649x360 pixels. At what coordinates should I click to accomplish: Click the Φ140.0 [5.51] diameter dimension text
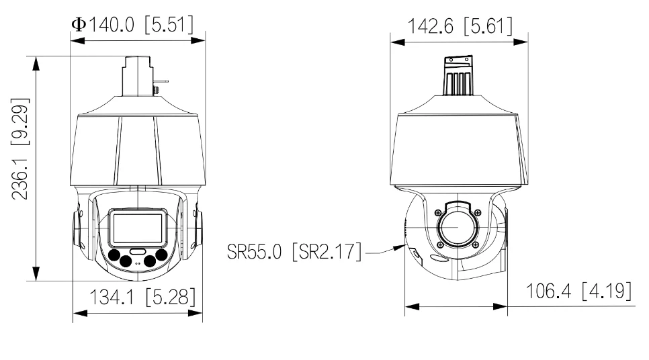point(132,24)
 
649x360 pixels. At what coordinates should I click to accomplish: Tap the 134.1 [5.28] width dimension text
point(137,296)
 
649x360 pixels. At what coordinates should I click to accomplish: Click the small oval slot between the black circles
point(138,251)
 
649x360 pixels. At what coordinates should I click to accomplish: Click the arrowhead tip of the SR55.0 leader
point(403,247)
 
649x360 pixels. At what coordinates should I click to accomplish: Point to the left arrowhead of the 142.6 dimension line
point(394,41)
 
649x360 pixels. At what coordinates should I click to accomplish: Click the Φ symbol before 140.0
point(78,24)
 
